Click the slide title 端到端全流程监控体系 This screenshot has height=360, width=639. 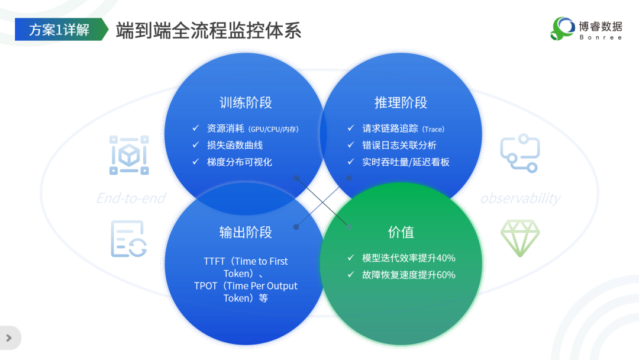208,30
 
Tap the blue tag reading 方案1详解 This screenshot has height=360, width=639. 59,30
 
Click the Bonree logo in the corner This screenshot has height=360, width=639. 586,28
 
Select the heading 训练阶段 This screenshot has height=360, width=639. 246,102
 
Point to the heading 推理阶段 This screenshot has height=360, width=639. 401,102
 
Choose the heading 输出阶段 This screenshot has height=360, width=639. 246,232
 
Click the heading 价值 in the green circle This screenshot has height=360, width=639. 401,232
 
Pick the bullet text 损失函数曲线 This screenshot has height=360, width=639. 234,145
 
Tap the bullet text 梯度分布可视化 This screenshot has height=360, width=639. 239,162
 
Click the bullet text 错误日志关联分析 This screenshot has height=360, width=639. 399,145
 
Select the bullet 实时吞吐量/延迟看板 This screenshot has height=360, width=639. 406,162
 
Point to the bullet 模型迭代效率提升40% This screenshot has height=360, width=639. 409,258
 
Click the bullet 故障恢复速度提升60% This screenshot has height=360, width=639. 409,275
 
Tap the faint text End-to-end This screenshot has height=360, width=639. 131,198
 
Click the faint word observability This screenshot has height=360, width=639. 520,198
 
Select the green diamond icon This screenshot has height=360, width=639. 520,238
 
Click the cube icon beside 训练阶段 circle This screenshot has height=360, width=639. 129,155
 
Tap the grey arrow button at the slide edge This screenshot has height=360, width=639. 9,338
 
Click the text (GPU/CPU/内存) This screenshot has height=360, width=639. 273,129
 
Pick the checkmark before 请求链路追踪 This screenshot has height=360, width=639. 351,128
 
